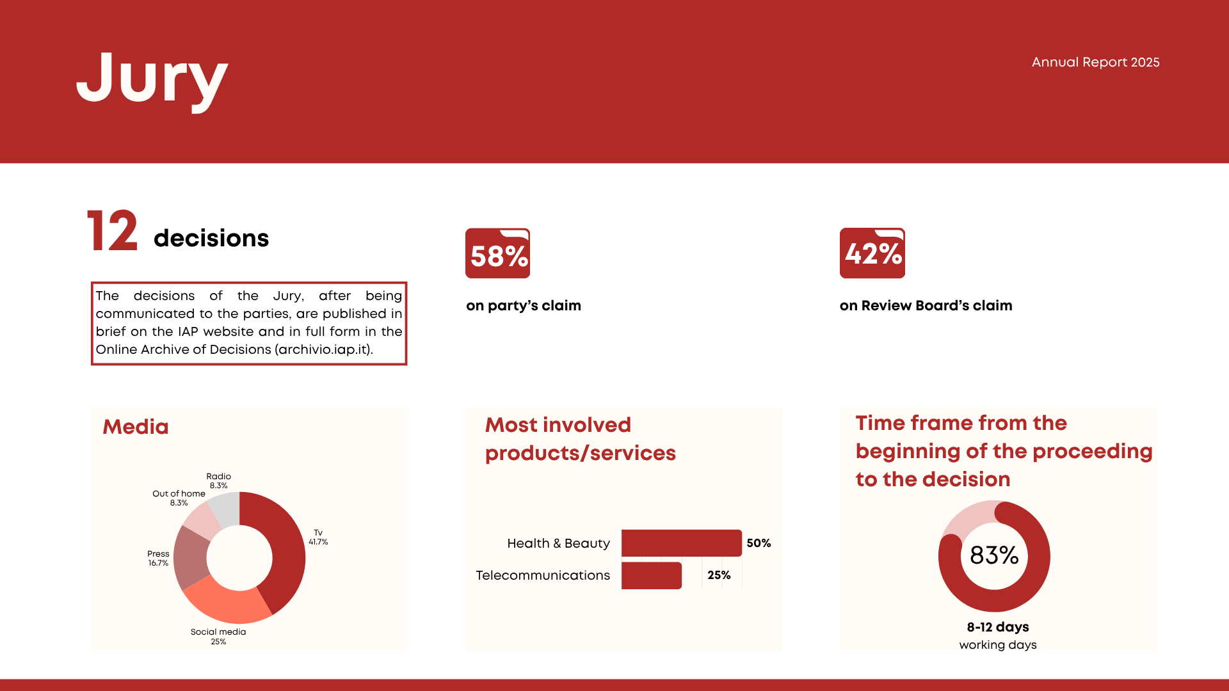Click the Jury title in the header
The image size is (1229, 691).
tap(152, 79)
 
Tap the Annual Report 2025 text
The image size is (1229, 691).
tap(1095, 62)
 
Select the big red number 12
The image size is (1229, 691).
tap(113, 231)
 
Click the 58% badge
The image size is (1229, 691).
tap(497, 253)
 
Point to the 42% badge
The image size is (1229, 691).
tap(872, 253)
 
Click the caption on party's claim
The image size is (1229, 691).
tap(524, 306)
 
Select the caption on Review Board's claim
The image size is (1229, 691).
tap(926, 306)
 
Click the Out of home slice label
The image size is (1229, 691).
tap(179, 498)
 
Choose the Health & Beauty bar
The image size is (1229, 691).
tap(681, 543)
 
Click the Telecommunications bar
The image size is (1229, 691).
tap(651, 575)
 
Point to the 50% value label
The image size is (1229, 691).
tap(759, 543)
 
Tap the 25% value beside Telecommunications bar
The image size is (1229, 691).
tap(719, 575)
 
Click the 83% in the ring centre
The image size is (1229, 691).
tap(994, 555)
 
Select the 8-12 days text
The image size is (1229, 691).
tap(998, 627)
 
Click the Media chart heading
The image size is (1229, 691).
tap(136, 427)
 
